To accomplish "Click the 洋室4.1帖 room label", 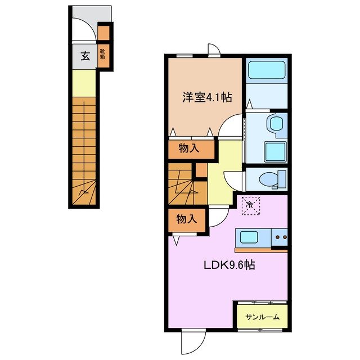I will [206, 97].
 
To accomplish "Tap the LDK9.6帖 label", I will [229, 264].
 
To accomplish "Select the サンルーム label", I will [262, 317].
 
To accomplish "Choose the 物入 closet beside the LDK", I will [186, 219].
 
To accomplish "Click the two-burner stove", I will [280, 238].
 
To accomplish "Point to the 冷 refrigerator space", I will [249, 205].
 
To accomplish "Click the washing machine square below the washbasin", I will [274, 151].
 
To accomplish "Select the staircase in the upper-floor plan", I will [181, 185].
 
